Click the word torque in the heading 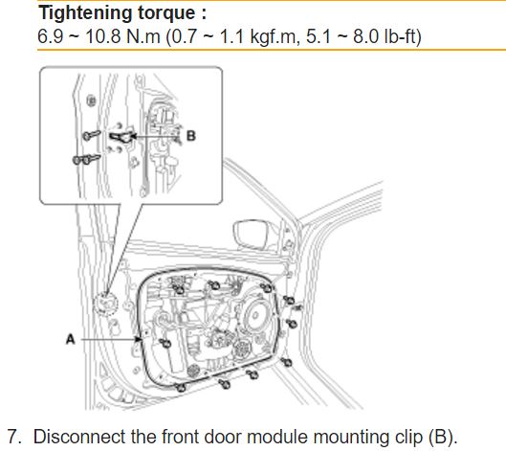click(x=166, y=13)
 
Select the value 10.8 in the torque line click(x=103, y=35)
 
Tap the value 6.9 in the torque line click(x=50, y=35)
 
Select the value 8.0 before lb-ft click(x=365, y=35)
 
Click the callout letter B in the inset click(x=191, y=136)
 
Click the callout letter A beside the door click(x=71, y=339)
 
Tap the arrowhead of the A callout click(x=139, y=339)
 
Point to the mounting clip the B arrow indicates click(x=122, y=137)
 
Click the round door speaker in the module click(x=257, y=315)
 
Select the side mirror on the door click(x=251, y=235)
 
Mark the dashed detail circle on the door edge click(x=105, y=304)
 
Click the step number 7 click(x=14, y=437)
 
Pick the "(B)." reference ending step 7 click(x=443, y=437)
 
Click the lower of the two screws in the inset click(x=86, y=160)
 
